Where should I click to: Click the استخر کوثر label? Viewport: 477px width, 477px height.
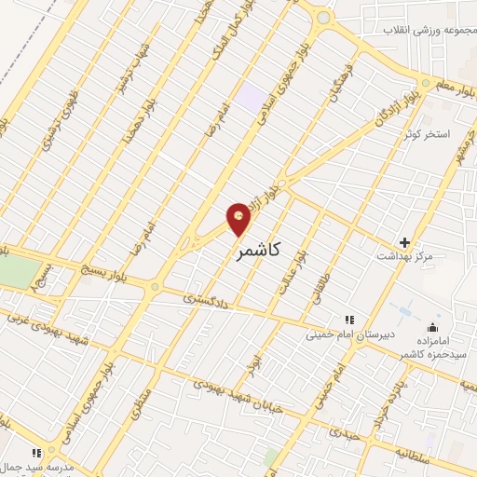(427, 134)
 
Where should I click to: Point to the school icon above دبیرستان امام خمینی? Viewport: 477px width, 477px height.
(350, 320)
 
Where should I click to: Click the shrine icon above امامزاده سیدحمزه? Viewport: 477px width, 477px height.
(432, 327)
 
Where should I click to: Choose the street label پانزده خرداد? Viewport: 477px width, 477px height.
(383, 394)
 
